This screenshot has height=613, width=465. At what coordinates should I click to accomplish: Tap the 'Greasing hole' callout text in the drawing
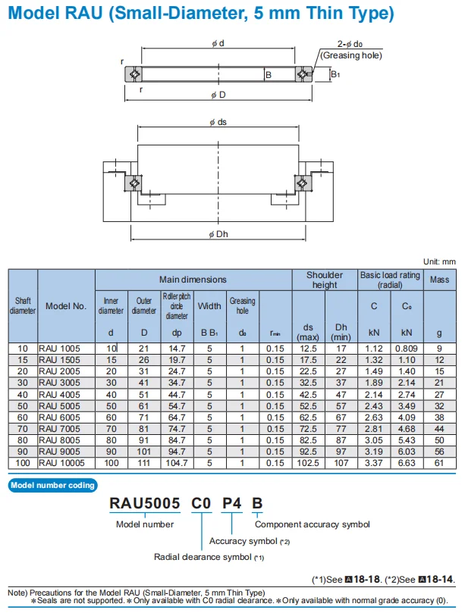pyautogui.click(x=351, y=55)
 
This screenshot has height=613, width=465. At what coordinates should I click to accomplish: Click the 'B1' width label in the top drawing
pyautogui.click(x=336, y=73)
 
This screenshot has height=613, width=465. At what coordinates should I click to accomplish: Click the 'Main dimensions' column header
pyautogui.click(x=193, y=280)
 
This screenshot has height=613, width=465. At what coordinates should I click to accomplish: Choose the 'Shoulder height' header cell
pyautogui.click(x=325, y=280)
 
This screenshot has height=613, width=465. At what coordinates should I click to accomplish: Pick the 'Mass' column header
pyautogui.click(x=439, y=280)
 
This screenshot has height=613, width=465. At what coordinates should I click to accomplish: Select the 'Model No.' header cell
pyautogui.click(x=66, y=306)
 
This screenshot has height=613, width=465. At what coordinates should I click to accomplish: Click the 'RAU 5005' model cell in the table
pyautogui.click(x=59, y=406)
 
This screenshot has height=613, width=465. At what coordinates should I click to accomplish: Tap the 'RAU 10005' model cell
pyautogui.click(x=61, y=463)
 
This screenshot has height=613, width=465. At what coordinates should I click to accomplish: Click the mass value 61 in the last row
pyautogui.click(x=439, y=463)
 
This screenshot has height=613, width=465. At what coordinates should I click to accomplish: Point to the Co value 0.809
pyautogui.click(x=407, y=348)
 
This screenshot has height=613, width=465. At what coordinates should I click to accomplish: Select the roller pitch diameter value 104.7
pyautogui.click(x=177, y=463)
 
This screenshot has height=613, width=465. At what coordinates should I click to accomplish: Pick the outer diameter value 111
pyautogui.click(x=144, y=463)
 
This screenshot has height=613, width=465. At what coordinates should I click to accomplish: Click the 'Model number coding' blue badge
pyautogui.click(x=53, y=485)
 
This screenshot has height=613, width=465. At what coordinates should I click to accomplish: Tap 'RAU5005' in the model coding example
pyautogui.click(x=146, y=504)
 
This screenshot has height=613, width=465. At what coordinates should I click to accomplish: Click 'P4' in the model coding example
pyautogui.click(x=230, y=504)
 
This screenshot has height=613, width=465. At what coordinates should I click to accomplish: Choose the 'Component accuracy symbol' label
pyautogui.click(x=313, y=524)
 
